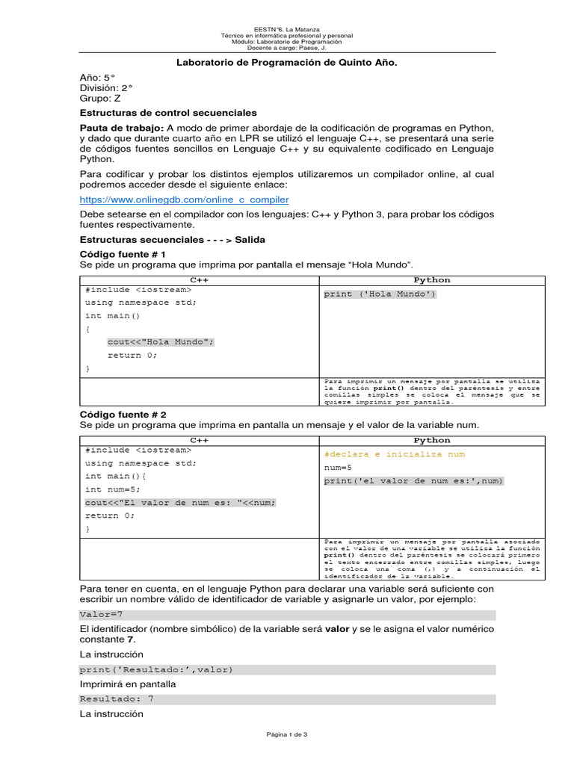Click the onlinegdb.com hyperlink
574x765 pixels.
tap(184, 200)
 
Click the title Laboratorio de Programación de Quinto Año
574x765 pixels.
tap(286, 64)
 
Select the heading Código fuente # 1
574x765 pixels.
tap(123, 254)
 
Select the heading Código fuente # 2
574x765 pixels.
tap(123, 414)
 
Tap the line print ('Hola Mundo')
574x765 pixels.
tap(380, 294)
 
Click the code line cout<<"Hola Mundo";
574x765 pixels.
tap(161, 342)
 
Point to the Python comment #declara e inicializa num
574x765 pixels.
tap(394, 454)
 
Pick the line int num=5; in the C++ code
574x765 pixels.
tap(112, 489)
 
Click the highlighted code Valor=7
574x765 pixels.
tap(101, 614)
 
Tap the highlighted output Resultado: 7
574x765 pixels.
tap(117, 699)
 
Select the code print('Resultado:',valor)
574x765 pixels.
tap(156, 669)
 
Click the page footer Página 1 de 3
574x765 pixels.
tap(287, 734)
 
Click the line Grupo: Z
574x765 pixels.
tap(100, 98)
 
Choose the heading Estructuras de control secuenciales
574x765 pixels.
tap(168, 112)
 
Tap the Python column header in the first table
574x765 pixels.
tap(432, 280)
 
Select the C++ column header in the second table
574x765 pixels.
tap(199, 440)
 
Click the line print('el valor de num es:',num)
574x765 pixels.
tap(413, 480)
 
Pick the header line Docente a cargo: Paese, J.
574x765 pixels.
tap(287, 49)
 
